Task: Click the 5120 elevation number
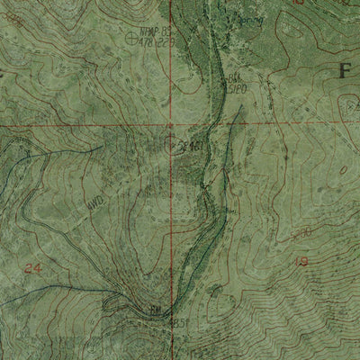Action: [x=236, y=88]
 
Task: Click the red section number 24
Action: [x=34, y=268]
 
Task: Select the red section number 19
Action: [x=301, y=262]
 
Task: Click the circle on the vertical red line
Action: [x=173, y=141]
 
